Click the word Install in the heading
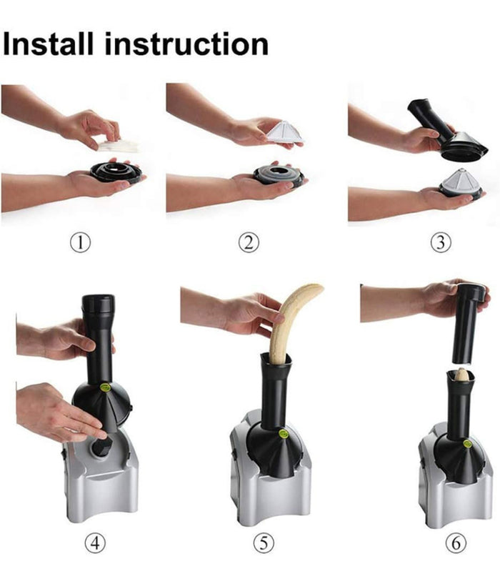coord(47,44)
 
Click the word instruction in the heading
coord(186,44)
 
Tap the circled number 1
coord(81,242)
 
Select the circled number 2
coord(249,242)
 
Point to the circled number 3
coord(441,242)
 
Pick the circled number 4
coord(95,543)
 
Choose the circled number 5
coord(264,543)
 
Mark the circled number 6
coord(456,543)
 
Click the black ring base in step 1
coord(116,172)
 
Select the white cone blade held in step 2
coord(286,132)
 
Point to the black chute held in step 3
coord(443,132)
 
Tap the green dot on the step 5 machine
coord(284,434)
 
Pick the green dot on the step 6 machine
coord(467,444)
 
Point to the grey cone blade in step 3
coord(459,182)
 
